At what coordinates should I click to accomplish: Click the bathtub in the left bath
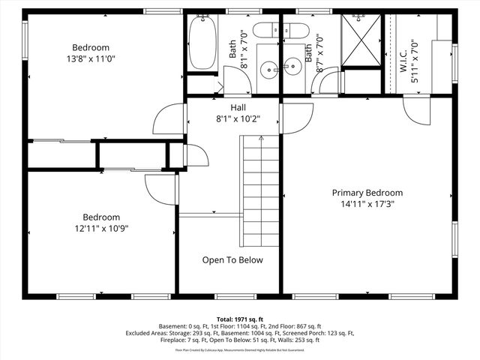coord(200,42)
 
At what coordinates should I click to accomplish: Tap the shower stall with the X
coord(361,42)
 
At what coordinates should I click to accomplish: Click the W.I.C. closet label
coord(403,53)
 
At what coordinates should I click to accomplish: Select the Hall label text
coord(238,107)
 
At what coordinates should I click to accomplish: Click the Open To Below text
coord(232,260)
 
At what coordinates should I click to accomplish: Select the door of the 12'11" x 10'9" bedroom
coord(160,189)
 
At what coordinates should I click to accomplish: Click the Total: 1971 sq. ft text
coord(240,319)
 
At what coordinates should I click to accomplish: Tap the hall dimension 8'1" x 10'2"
coord(238,118)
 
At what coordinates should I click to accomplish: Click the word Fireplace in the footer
coord(174,340)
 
